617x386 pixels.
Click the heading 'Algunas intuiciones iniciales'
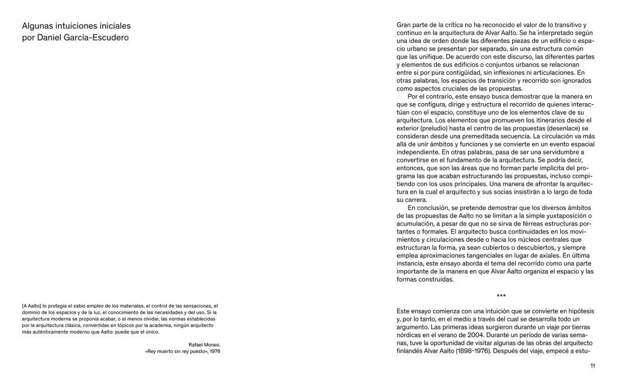click(76, 27)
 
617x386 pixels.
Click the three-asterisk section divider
click(501, 296)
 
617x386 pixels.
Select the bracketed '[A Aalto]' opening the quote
click(33, 306)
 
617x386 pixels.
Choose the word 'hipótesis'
click(577, 311)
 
